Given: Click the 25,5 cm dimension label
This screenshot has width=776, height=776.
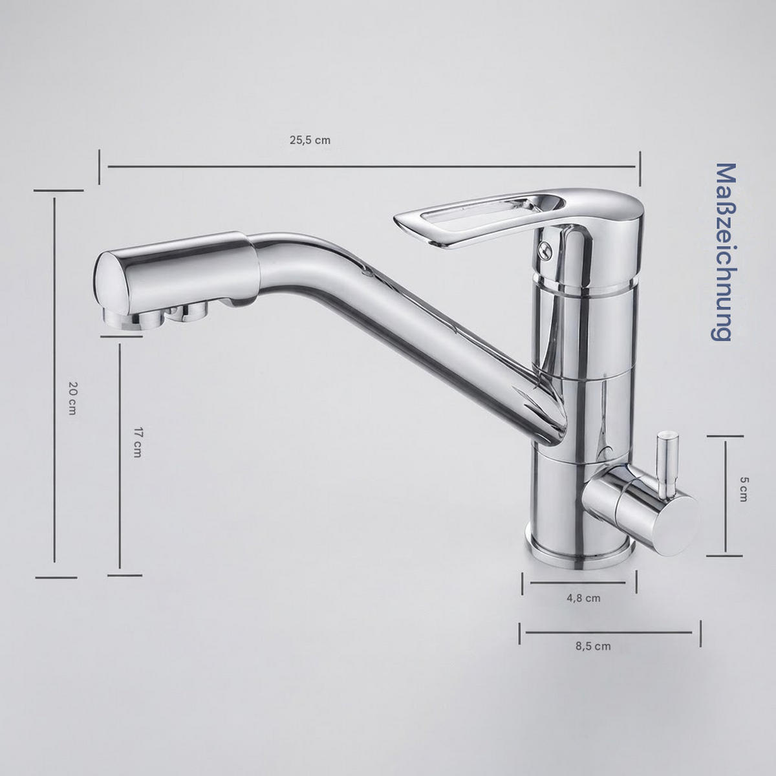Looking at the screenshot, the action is pos(310,140).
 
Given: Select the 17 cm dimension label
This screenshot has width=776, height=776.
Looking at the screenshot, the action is pos(137,442).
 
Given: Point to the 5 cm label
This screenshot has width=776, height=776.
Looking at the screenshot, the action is pos(744,489).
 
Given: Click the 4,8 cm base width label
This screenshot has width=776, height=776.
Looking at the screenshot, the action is pos(583,598).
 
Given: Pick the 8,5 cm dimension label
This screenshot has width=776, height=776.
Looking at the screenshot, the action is pos(593,646).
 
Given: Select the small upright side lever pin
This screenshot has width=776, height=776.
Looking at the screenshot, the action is pos(667,464).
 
